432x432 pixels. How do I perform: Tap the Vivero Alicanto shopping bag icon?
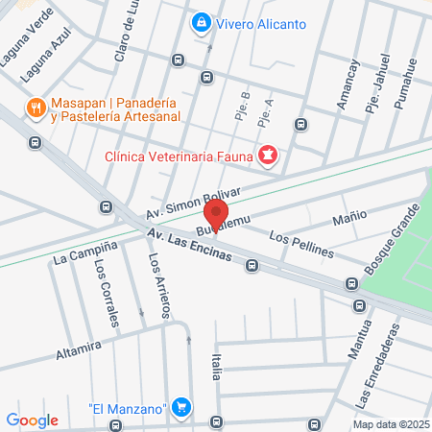coord(201,21)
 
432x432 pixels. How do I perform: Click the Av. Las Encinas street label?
coord(189,249)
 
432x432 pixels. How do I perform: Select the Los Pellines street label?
coord(301,245)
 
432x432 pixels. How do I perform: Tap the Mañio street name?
coord(349,217)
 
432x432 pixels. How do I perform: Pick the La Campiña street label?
coord(85,252)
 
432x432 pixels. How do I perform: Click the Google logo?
coord(33,420)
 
